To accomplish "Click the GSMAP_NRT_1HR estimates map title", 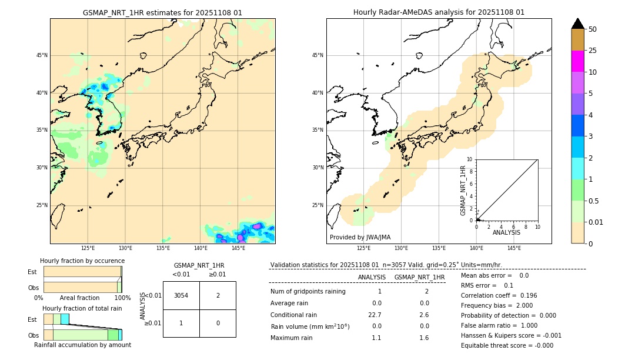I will point(162,12).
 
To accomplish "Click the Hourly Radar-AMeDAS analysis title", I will point(439,12).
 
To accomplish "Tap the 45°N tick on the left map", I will point(42,55).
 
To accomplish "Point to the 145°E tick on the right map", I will point(514,248).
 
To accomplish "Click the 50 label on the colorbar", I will point(593,29).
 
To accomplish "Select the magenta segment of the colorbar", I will point(577,61).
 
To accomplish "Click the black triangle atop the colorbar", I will point(577,24).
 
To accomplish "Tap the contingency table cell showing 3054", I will point(181,295).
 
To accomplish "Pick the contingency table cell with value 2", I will point(218,295).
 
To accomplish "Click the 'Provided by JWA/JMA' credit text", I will point(360,238).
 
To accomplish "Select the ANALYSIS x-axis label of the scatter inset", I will point(506,233).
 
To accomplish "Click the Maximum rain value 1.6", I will point(424,338).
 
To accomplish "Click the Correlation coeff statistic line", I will point(499,295).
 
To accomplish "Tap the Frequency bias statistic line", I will point(497,305).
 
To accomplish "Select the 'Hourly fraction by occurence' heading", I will point(82,261).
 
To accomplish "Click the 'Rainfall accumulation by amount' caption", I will point(82,345).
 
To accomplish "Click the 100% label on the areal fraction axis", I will point(122,298).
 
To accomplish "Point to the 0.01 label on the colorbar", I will point(597,222).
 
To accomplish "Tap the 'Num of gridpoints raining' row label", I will point(308,292).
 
